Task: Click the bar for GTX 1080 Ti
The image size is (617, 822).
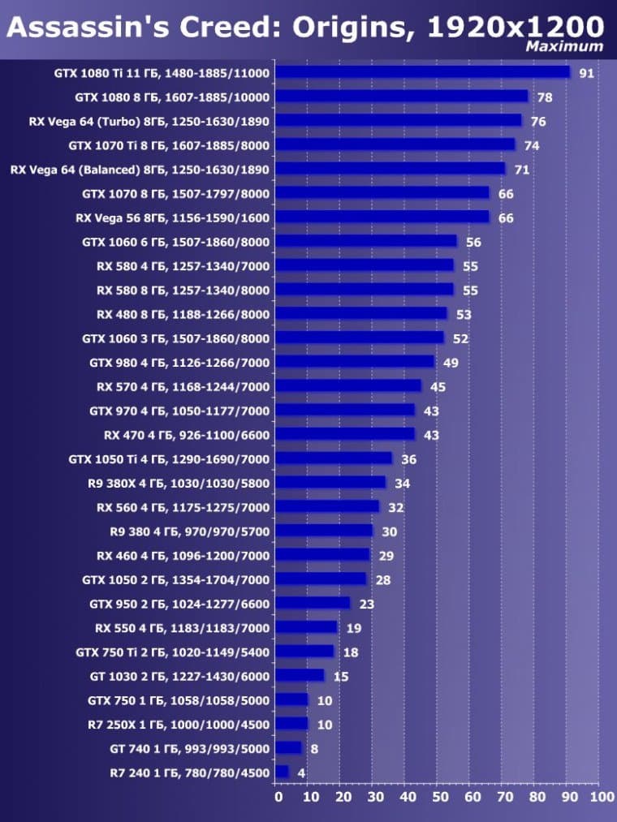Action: point(422,72)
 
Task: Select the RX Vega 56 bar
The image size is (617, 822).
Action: point(382,217)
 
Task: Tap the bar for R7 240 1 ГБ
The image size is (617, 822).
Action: point(282,773)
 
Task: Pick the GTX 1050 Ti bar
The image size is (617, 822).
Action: point(334,458)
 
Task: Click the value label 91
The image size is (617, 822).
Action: point(586,73)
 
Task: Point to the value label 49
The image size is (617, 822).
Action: point(451,363)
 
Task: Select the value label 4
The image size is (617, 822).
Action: point(301,773)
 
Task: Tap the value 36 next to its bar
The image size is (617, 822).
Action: point(408,459)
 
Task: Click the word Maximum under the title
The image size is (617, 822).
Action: point(564,46)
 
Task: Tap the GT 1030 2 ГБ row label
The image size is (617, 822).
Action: point(179,676)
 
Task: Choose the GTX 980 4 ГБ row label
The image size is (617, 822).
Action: point(179,362)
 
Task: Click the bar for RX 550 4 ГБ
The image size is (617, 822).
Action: point(306,627)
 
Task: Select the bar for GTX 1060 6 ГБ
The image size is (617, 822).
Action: point(366,241)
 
